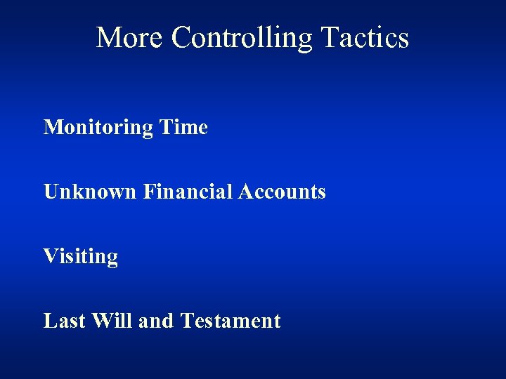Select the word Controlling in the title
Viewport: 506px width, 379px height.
(x=242, y=38)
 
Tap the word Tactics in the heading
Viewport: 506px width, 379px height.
(x=365, y=38)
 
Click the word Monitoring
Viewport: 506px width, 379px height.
(x=98, y=128)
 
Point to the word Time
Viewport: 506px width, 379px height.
(x=183, y=128)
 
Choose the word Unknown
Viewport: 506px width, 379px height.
(x=90, y=192)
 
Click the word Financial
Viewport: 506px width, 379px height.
(x=188, y=192)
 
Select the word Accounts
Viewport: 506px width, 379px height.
(x=282, y=192)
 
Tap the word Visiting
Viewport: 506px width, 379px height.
(x=81, y=257)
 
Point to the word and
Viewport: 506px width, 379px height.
(x=156, y=321)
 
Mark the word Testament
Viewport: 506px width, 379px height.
(x=231, y=321)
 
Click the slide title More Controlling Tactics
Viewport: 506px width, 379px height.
(x=252, y=38)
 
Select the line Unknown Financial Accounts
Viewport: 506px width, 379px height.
(x=185, y=192)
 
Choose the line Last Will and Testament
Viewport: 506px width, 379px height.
(x=162, y=321)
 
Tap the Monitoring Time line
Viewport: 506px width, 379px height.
(x=126, y=128)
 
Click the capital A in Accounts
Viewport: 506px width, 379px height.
(x=245, y=192)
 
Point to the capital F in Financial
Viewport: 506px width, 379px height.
(x=148, y=192)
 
